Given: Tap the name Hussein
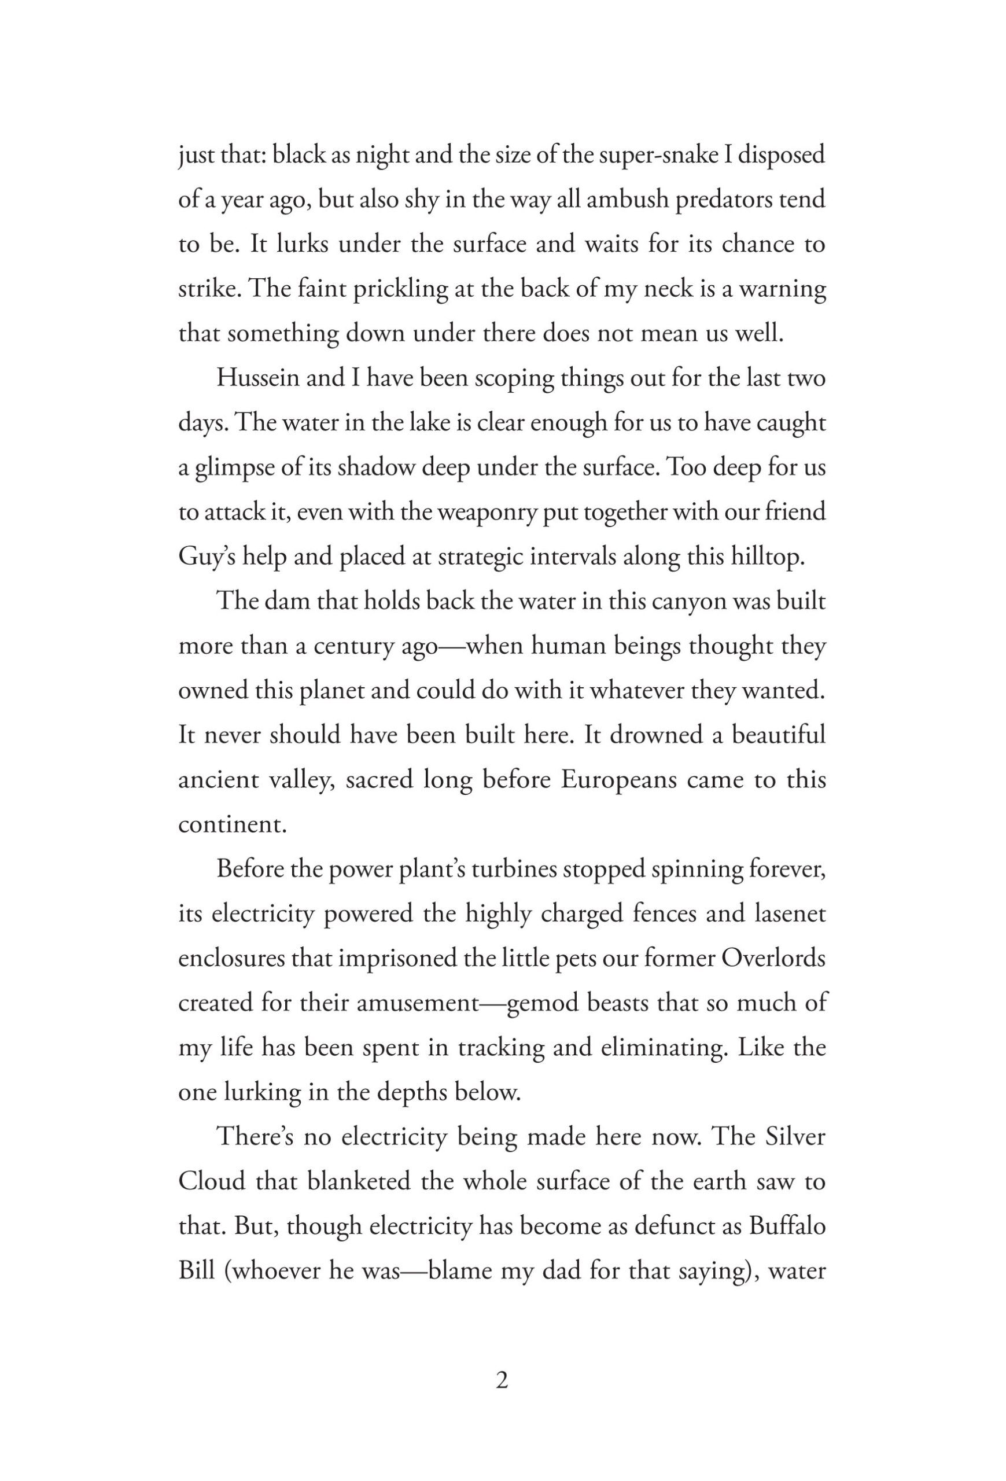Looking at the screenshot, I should pos(257,378).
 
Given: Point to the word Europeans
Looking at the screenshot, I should pos(618,779).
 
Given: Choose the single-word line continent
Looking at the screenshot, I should pos(233,824).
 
